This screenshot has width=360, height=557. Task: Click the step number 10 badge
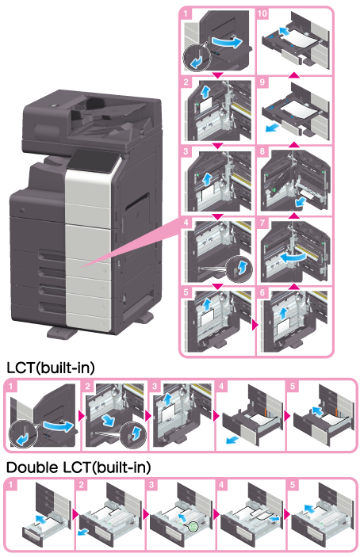[262, 13]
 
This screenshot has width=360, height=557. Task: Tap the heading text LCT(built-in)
[51, 368]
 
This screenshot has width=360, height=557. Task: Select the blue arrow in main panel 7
[292, 257]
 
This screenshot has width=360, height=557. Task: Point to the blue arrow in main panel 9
[271, 128]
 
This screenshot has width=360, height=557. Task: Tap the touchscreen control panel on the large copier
[93, 161]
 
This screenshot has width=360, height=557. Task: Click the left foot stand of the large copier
[62, 333]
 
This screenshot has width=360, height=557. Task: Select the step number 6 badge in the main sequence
[262, 292]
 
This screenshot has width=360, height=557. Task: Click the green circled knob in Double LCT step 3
[192, 527]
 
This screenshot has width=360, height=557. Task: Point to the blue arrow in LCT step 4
[232, 441]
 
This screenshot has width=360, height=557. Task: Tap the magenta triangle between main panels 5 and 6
[255, 325]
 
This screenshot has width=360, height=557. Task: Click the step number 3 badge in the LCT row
[155, 386]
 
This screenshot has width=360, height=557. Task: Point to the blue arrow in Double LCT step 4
[274, 519]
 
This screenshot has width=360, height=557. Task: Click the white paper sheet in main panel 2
[205, 105]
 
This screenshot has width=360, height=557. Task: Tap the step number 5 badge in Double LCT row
[293, 485]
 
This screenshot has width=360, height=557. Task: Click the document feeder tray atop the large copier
[103, 112]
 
